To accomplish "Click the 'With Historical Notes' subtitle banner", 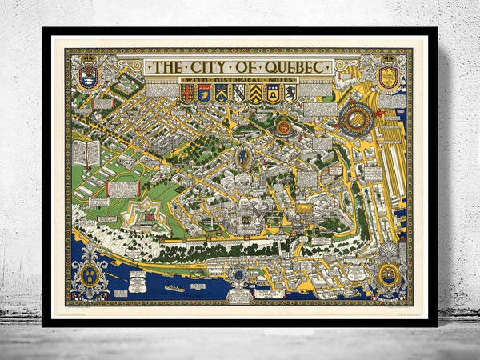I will pyautogui.click(x=240, y=78).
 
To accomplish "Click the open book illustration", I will pyautogui.click(x=86, y=152).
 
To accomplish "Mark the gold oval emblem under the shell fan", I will pyautogui.click(x=387, y=274).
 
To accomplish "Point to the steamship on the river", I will pyautogui.click(x=174, y=287).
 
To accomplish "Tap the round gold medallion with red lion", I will pyautogui.click(x=283, y=126).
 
